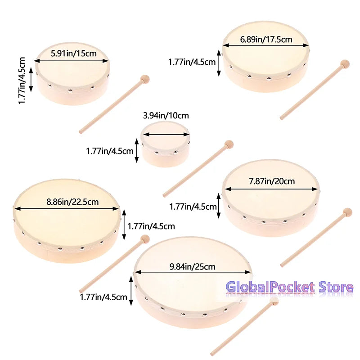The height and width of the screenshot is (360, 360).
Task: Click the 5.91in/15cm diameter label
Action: click(x=74, y=54)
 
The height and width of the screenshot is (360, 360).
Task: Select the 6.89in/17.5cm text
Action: click(x=266, y=40)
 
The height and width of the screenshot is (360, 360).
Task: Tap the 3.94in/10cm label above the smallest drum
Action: click(x=166, y=115)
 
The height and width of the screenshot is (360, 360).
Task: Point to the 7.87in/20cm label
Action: click(x=272, y=181)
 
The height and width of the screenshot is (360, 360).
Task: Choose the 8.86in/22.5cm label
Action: click(x=72, y=202)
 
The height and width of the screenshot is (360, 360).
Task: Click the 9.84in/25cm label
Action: click(x=193, y=266)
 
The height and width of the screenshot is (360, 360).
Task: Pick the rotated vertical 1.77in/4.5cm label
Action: click(x=22, y=81)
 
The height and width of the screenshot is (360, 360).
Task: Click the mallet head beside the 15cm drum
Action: click(x=144, y=80)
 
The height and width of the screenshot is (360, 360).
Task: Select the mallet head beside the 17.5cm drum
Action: click(x=345, y=63)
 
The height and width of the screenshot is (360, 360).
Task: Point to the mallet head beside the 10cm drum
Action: click(x=229, y=144)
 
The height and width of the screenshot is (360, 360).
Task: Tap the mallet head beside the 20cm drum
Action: click(x=347, y=212)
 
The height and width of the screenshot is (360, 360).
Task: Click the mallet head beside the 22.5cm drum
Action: click(x=144, y=239)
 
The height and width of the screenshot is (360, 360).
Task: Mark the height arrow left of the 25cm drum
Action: click(x=131, y=291)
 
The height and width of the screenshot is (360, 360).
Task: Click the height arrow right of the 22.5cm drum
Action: click(x=124, y=225)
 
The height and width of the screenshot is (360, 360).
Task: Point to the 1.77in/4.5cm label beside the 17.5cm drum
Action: click(x=192, y=62)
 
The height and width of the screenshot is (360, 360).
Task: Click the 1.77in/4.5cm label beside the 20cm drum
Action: click(x=193, y=207)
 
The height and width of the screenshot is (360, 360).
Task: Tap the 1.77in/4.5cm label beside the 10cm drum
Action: click(x=110, y=151)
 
